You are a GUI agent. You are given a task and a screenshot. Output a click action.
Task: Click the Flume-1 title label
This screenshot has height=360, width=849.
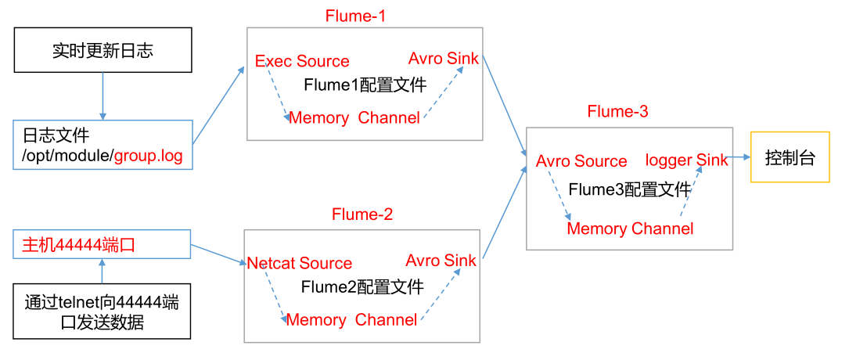(x=356, y=16)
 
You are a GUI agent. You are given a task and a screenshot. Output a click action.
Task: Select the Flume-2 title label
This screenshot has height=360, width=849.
(x=362, y=214)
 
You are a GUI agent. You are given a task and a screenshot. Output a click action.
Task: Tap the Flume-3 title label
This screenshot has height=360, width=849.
(x=617, y=112)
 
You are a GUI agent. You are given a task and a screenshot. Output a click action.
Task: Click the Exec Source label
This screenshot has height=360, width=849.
(x=302, y=61)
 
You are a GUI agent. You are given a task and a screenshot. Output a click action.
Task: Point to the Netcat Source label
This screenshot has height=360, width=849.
(x=299, y=264)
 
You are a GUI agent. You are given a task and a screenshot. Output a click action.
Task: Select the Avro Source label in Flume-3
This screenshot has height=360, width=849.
(x=581, y=161)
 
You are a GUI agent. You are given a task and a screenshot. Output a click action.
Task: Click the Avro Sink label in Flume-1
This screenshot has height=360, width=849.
(x=444, y=59)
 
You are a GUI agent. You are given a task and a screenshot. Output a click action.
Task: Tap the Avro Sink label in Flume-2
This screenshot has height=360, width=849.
(x=441, y=261)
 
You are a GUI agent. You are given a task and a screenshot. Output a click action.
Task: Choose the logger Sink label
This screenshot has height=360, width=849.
(x=686, y=160)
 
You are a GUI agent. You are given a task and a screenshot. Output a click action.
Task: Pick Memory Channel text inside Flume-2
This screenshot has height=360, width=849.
(x=351, y=320)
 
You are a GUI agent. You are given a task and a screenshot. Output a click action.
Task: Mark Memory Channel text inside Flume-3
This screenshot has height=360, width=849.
(x=630, y=229)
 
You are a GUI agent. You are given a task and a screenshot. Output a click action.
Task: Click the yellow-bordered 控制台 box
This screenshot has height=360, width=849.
(x=790, y=157)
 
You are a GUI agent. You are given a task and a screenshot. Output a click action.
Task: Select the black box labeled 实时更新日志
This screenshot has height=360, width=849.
(x=103, y=52)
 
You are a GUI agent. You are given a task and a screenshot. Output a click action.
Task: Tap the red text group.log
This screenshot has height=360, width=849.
(x=149, y=156)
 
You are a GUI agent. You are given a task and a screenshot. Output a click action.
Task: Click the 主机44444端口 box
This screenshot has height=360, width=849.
(x=103, y=244)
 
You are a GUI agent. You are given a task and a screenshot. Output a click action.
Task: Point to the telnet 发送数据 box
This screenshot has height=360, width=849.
(x=103, y=312)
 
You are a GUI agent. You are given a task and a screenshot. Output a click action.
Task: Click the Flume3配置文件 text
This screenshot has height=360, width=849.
(x=629, y=189)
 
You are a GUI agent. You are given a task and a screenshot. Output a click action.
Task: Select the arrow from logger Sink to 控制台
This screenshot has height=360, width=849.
(x=739, y=157)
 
